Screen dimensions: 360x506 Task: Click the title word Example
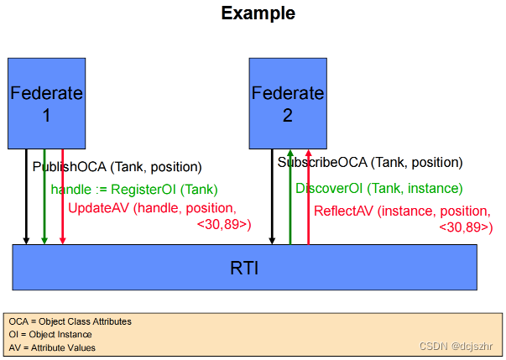pyautogui.click(x=258, y=13)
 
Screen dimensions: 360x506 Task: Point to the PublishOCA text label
pyautogui.click(x=117, y=167)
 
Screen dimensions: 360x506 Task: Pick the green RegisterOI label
pyautogui.click(x=134, y=189)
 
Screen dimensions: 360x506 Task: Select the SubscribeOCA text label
pyautogui.click(x=369, y=162)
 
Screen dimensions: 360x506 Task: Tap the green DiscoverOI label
pyautogui.click(x=378, y=188)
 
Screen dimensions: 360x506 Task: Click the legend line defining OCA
pyautogui.click(x=70, y=321)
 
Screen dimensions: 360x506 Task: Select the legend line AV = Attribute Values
pyautogui.click(x=51, y=347)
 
